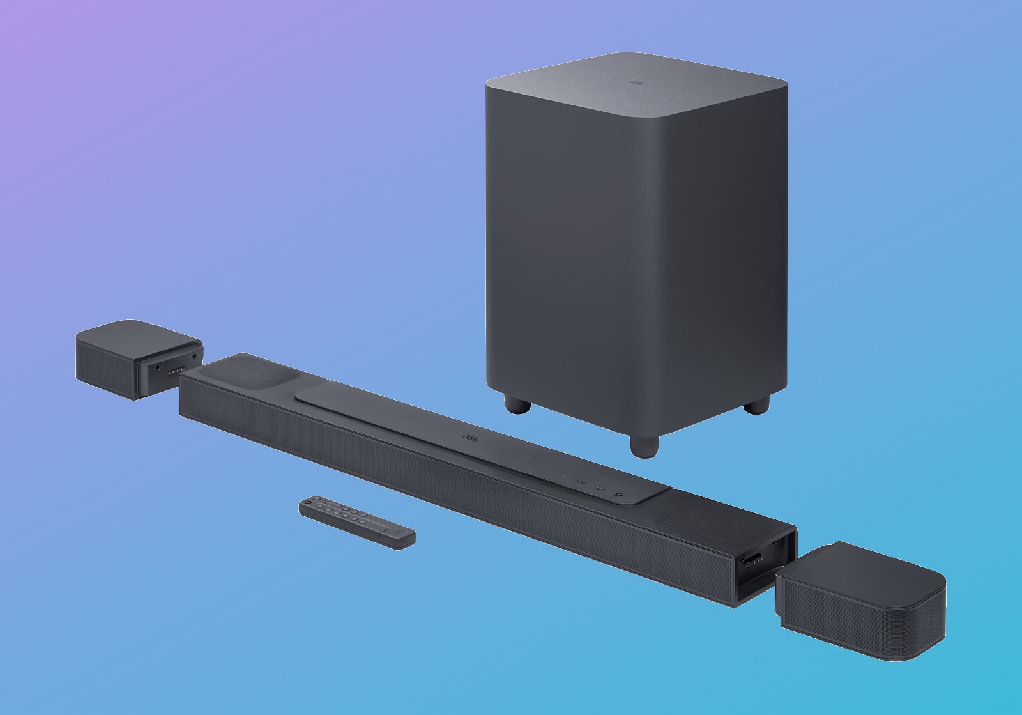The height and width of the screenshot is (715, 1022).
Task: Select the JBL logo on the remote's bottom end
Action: (x=397, y=532)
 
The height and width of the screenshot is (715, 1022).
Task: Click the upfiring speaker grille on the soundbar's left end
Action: (x=245, y=374)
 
